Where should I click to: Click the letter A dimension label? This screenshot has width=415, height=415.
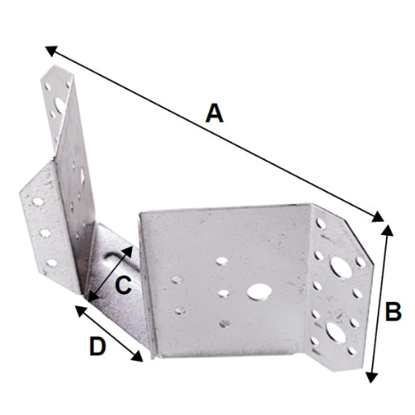click(214, 112)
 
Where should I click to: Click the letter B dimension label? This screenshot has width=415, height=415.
click(393, 312)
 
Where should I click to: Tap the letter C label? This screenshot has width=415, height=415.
click(121, 286)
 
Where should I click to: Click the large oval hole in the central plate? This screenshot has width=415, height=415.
click(257, 291)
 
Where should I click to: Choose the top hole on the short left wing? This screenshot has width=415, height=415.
click(38, 200)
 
